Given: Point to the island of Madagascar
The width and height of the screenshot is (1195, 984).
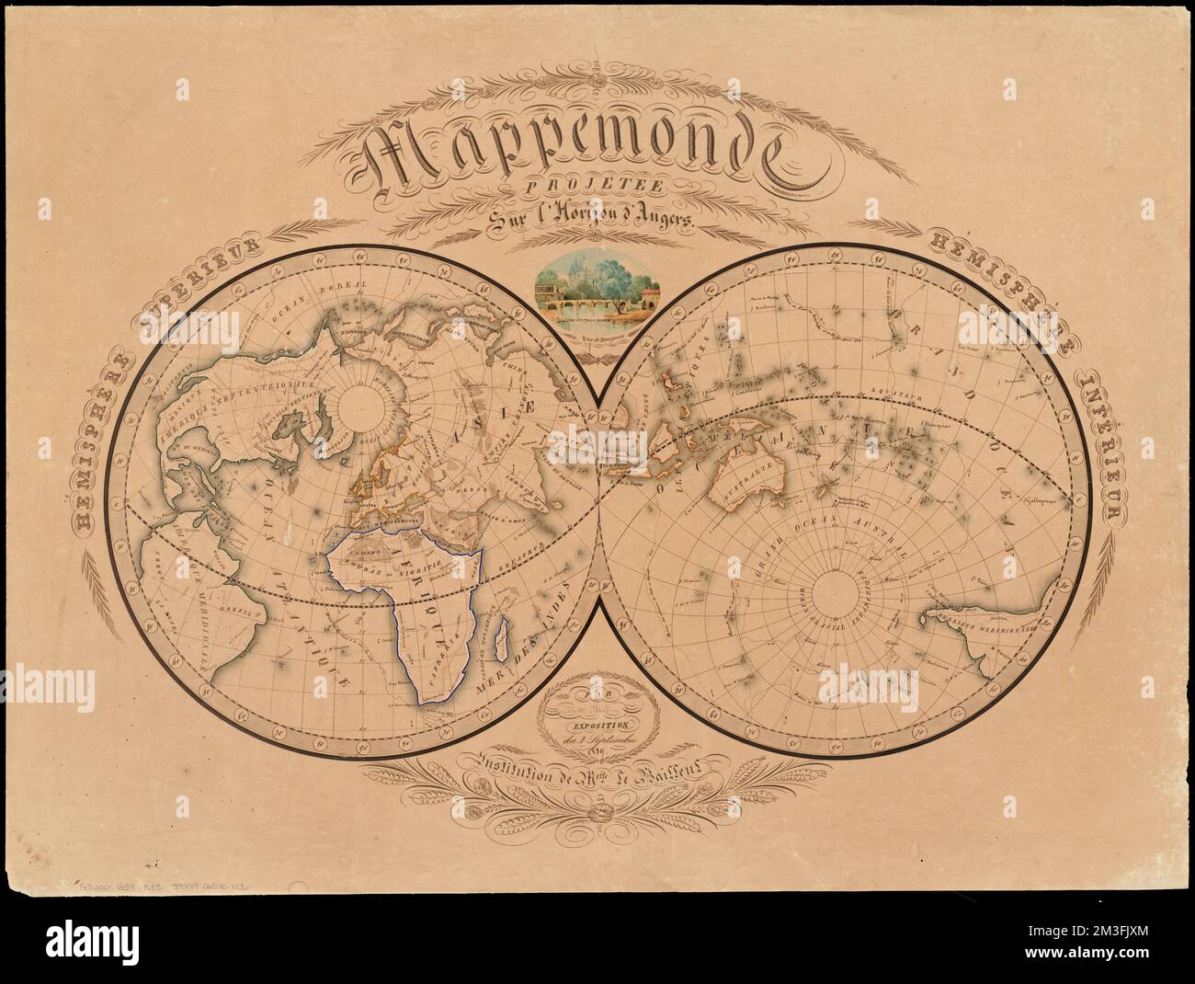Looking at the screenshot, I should coord(503,638).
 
